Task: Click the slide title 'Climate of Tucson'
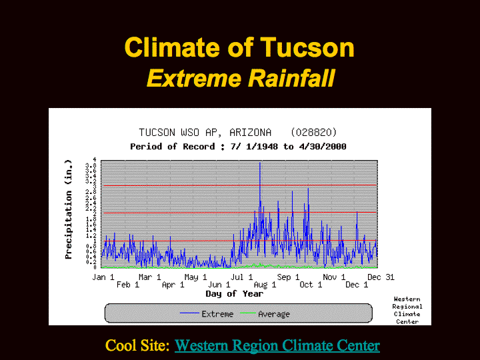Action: coord(239,48)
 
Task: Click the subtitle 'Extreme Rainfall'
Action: coord(240,79)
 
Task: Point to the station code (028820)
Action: coord(313,132)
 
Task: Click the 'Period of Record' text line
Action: coord(238,146)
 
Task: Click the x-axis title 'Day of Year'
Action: coord(234,293)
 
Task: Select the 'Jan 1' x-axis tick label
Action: coord(103,277)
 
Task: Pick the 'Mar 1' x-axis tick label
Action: coord(149,277)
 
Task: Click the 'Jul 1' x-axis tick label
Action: coord(241,277)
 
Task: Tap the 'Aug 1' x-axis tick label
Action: coord(265,285)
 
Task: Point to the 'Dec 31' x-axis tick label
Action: coord(380,277)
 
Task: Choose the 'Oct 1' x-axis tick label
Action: coord(311,285)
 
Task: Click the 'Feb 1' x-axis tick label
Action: coord(127,285)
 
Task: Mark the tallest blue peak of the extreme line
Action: coord(260,164)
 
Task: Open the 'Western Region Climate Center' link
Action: coord(277,345)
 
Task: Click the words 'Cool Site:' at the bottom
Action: coord(137,345)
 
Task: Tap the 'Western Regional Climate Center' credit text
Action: coord(407,310)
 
